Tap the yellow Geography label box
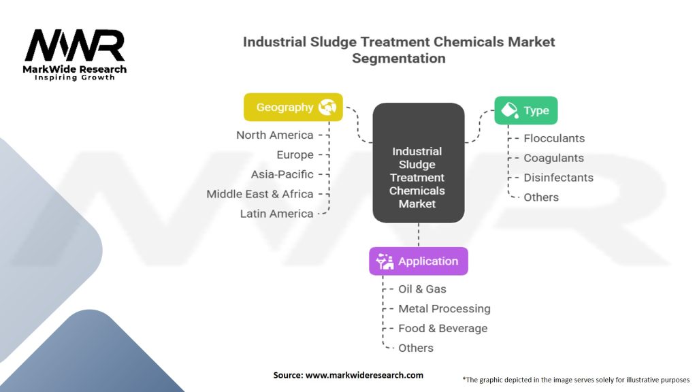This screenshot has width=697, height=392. click(x=293, y=107)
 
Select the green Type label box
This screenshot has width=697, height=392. click(x=525, y=110)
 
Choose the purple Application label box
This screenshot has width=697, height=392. click(x=418, y=261)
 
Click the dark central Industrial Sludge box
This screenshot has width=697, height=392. click(x=418, y=178)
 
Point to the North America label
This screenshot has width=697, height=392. click(x=275, y=135)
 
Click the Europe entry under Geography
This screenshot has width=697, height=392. click(x=295, y=154)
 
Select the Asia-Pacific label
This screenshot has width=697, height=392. click(x=282, y=174)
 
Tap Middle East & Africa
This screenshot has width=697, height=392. click(x=260, y=194)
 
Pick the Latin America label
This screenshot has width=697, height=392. click(x=276, y=214)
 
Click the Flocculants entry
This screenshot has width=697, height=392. click(x=554, y=138)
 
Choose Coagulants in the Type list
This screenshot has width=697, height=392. click(x=553, y=158)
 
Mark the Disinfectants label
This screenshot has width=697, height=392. click(x=558, y=178)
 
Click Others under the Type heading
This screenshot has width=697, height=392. click(x=541, y=197)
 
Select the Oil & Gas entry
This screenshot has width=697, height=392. click(x=422, y=289)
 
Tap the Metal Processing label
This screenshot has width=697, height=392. click(x=444, y=308)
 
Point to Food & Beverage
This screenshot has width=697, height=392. click(x=442, y=328)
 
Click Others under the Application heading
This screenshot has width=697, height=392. click(x=416, y=348)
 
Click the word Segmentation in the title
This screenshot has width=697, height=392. click(x=399, y=58)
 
